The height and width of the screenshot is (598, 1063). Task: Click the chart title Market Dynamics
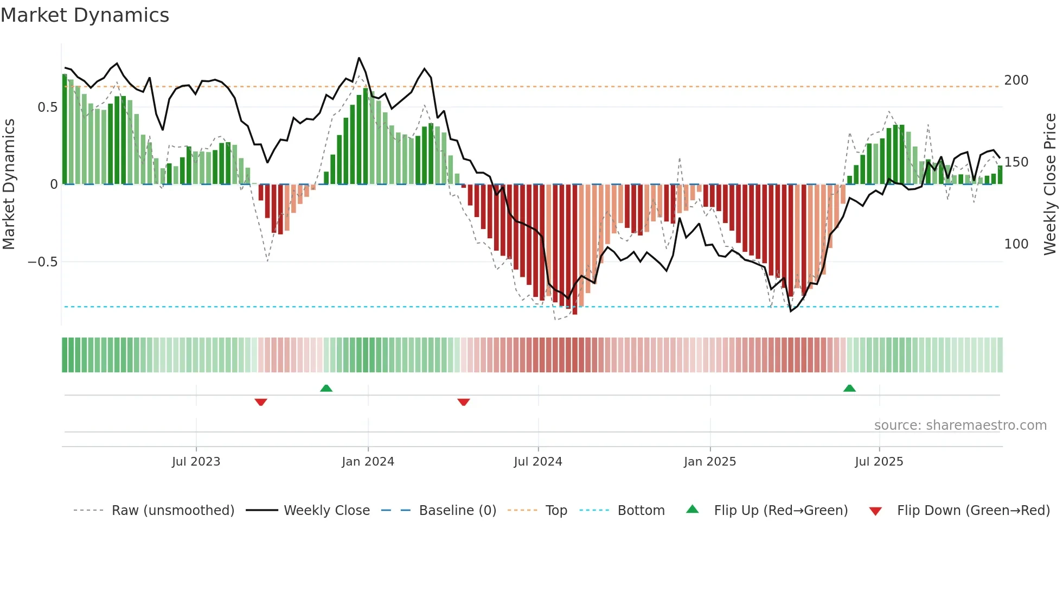pyautogui.click(x=85, y=15)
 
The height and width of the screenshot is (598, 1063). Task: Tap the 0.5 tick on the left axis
pyautogui.click(x=48, y=107)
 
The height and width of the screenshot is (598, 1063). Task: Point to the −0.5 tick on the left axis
pyautogui.click(x=43, y=262)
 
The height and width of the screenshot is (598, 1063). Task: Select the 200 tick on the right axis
pyautogui.click(x=1016, y=80)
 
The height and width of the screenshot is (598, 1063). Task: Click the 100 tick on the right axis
pyautogui.click(x=1016, y=244)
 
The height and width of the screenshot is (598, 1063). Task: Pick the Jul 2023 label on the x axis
pyautogui.click(x=196, y=462)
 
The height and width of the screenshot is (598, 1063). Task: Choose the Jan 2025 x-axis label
pyautogui.click(x=709, y=462)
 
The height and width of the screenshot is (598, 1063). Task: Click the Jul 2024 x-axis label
pyautogui.click(x=537, y=462)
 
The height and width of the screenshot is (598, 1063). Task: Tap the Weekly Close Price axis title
pyautogui.click(x=1051, y=185)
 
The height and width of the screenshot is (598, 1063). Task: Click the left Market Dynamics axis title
pyautogui.click(x=9, y=185)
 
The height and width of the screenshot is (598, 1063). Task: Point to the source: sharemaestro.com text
pyautogui.click(x=960, y=425)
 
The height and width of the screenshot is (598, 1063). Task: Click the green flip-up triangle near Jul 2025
pyautogui.click(x=849, y=389)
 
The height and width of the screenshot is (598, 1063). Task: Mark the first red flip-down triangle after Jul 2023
pyautogui.click(x=261, y=402)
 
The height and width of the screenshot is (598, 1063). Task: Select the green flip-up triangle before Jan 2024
pyautogui.click(x=326, y=389)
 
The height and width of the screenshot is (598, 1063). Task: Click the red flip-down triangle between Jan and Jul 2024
pyautogui.click(x=463, y=402)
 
